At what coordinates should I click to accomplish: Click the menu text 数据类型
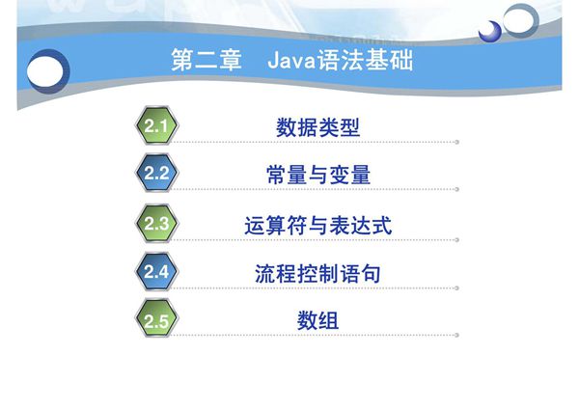[317, 126]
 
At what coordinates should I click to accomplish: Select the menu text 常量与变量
[317, 175]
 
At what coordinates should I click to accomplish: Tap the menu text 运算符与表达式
[317, 225]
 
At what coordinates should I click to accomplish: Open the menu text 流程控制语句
[317, 273]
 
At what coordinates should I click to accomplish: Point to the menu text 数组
[317, 321]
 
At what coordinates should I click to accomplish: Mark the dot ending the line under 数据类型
[456, 142]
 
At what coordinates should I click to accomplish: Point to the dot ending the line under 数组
[456, 336]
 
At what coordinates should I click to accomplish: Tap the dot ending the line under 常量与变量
[456, 190]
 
